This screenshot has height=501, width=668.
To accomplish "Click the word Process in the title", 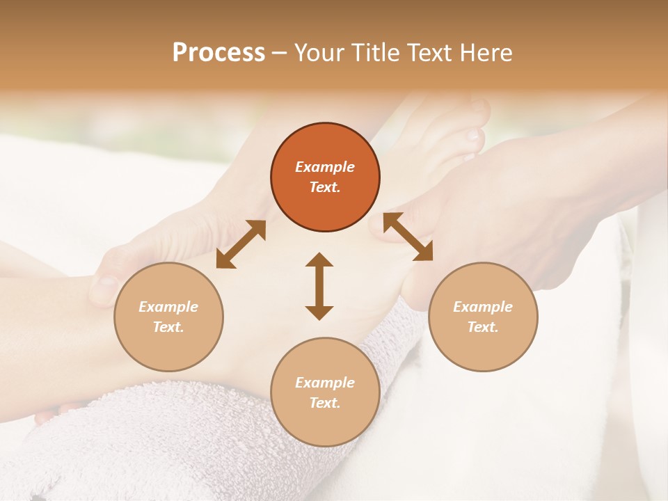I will (x=218, y=53).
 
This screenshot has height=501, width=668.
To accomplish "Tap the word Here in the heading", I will (x=484, y=53).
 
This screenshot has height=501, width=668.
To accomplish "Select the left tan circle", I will (x=168, y=317).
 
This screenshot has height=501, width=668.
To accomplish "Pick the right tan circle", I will (x=483, y=317).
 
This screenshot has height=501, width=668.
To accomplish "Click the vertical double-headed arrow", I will (x=319, y=286).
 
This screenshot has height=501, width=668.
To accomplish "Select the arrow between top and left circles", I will (x=241, y=244).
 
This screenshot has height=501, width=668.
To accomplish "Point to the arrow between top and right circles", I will (x=408, y=237).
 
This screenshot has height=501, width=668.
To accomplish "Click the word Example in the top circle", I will (x=325, y=167).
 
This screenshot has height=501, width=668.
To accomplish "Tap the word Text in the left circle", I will (x=168, y=327).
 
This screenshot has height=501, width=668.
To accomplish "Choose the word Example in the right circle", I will (x=483, y=307).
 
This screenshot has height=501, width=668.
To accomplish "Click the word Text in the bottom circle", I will (x=325, y=403).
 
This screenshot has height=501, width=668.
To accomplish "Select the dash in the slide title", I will (x=280, y=53).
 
